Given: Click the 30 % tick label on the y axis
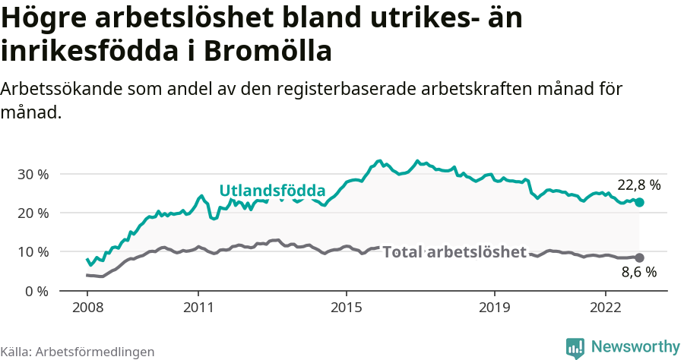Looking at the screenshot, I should click(33, 174).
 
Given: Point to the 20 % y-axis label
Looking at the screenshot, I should click(33, 213).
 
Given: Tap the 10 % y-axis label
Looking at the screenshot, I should click(33, 251).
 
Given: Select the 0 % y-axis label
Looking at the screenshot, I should click(36, 291).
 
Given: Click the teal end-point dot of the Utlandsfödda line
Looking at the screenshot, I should click(639, 203).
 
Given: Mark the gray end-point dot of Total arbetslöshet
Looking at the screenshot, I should click(639, 258).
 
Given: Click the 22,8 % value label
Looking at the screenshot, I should click(638, 185).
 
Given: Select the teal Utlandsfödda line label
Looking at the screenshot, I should click(272, 191).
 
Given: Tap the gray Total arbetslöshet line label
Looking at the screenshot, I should click(454, 251).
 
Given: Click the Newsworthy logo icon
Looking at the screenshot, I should click(575, 347).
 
